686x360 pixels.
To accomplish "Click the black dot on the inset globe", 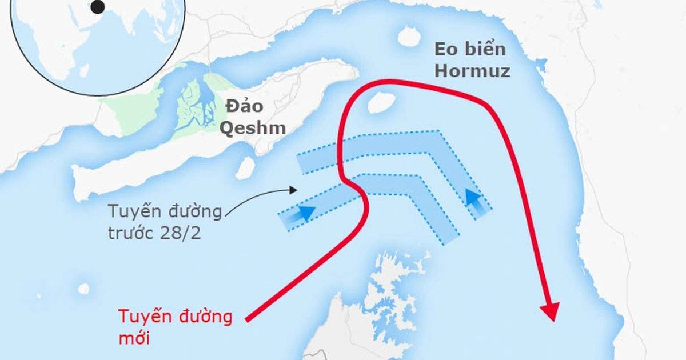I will (x=98, y=7).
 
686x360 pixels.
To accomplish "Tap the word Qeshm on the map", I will (x=253, y=127).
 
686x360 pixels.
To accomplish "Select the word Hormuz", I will (x=472, y=71).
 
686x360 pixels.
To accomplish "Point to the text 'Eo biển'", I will (x=470, y=49).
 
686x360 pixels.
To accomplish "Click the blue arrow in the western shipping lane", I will (x=305, y=213).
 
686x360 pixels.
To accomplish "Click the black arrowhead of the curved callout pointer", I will (x=294, y=190).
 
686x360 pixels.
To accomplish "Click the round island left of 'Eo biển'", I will (x=409, y=37).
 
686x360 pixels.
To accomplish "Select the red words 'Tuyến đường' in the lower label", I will (x=176, y=317).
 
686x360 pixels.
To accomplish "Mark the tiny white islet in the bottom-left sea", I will (x=84, y=289).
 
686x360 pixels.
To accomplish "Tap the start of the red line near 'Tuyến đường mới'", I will (x=247, y=318).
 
